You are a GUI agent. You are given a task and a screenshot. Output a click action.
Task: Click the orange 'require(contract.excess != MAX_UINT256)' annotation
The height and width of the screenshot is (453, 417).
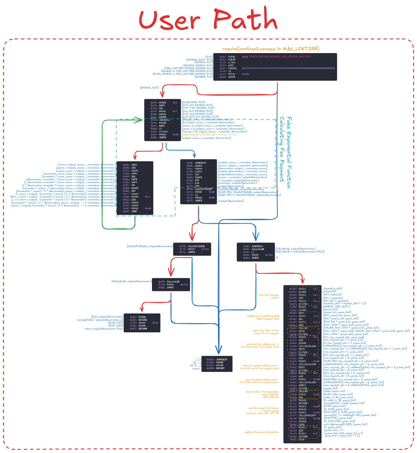coord(271,48)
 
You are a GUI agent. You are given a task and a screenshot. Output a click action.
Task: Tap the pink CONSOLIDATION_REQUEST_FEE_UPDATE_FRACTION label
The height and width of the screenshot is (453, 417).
coord(280,57)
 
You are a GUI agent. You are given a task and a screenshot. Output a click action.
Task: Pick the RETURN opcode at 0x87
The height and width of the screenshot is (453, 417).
coord(143,329)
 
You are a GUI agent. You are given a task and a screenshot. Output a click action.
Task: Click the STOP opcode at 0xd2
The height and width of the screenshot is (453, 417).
coord(301,440)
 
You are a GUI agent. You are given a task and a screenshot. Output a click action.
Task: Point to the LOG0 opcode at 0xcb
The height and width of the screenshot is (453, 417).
coord(302,424)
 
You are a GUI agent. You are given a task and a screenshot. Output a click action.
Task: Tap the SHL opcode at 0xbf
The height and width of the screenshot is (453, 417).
coord(301,397)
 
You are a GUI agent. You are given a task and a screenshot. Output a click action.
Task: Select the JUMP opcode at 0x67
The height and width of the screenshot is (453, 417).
coord(134,211)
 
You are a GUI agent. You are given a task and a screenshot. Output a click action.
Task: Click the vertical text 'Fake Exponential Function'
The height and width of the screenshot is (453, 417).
coord(289,152)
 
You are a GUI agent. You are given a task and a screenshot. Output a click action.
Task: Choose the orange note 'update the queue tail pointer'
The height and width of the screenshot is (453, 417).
coord(262,432)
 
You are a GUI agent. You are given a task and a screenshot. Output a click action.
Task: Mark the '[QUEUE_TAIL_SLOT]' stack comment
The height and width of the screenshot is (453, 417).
coord(337,306)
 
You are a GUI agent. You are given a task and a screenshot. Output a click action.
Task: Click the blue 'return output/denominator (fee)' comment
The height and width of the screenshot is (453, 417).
coord(104,329)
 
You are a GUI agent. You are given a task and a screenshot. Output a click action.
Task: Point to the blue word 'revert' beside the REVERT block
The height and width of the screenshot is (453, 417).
coord(196,368)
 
